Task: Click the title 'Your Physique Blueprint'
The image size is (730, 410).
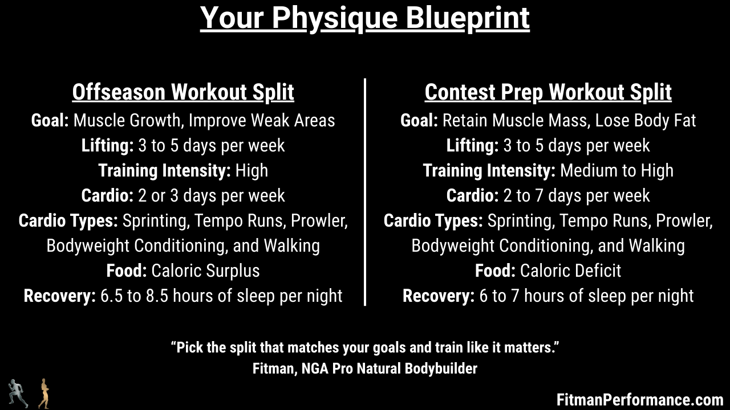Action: [x=364, y=19]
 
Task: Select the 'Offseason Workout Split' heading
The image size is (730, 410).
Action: [x=183, y=92]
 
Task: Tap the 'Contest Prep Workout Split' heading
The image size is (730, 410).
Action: [x=548, y=92]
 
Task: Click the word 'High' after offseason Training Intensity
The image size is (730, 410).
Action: [x=252, y=170]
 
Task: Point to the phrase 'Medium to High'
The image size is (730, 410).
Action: [x=617, y=170]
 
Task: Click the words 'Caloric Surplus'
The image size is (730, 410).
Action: [x=206, y=270]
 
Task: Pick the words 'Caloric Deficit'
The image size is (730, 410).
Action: [x=571, y=270]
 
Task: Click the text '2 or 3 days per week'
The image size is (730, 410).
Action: [x=212, y=196]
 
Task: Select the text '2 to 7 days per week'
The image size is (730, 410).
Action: [x=577, y=196]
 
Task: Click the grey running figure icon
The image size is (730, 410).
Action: [x=18, y=393]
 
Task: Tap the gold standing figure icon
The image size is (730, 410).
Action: [x=44, y=393]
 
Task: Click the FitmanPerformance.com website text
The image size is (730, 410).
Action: [x=640, y=400]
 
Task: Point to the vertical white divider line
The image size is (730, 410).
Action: [x=365, y=192]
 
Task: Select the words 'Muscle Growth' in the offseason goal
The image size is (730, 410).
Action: [x=127, y=121]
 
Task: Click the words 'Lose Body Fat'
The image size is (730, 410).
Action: [x=646, y=121]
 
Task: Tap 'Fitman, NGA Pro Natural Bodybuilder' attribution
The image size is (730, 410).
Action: [x=364, y=369]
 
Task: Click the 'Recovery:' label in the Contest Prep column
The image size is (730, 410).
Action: [x=439, y=296]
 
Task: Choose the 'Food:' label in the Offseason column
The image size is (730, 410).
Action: [x=127, y=270]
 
